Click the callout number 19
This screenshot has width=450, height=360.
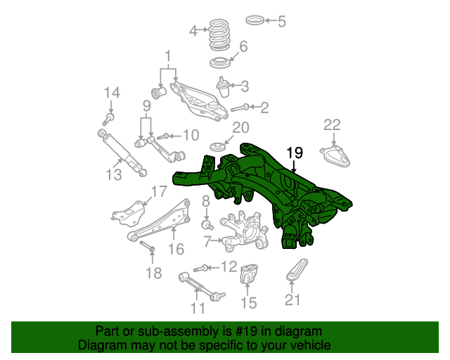tap(294, 153)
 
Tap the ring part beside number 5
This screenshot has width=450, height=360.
tap(257, 21)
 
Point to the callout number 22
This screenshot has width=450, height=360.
tap(332, 125)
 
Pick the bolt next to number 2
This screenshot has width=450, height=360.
tap(241, 108)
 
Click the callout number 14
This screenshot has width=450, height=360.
tap(112, 93)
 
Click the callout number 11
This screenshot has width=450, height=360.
tap(198, 307)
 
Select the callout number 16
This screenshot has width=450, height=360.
tap(176, 248)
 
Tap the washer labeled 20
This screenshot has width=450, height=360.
tap(219, 147)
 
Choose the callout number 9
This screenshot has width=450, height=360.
tap(147, 106)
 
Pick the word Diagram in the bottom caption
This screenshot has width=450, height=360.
tap(98, 346)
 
